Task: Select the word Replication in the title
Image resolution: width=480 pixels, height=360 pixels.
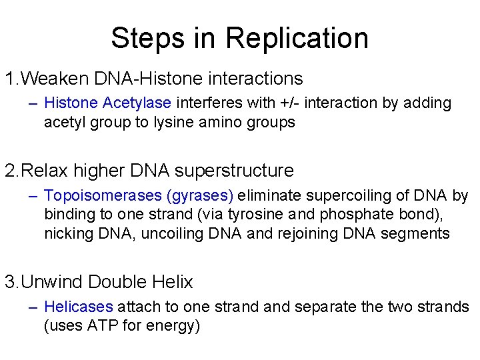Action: (x=298, y=38)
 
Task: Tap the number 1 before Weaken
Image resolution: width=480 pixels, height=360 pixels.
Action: (x=10, y=79)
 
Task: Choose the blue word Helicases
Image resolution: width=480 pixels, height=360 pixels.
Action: (x=79, y=307)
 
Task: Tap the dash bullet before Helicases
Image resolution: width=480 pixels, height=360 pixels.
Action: (x=33, y=307)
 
